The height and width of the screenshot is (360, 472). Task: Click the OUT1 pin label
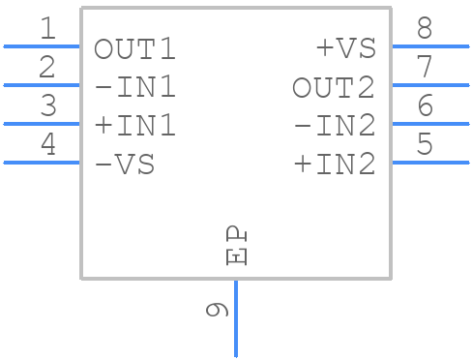[x=135, y=49]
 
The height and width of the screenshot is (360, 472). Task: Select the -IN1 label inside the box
[x=135, y=88]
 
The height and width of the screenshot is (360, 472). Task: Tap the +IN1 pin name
[x=135, y=127]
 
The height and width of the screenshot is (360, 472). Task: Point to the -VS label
[x=125, y=165]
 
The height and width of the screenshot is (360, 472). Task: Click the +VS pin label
[x=344, y=49]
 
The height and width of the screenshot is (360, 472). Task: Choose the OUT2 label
[x=334, y=88]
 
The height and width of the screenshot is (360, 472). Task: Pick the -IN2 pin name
[x=334, y=127]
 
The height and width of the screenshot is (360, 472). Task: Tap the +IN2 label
[x=334, y=165]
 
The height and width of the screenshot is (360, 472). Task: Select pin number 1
[x=47, y=29]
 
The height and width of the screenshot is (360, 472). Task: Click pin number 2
[x=47, y=68]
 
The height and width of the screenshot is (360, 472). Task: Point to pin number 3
[x=47, y=106]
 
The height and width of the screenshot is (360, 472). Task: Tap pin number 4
[x=47, y=145]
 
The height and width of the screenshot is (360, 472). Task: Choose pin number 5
[x=425, y=145]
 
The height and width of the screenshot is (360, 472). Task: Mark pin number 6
[x=425, y=106]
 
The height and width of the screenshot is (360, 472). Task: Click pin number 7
[x=425, y=68]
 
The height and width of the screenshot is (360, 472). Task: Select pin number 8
[x=425, y=29]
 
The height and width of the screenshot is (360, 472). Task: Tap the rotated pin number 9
[x=217, y=309]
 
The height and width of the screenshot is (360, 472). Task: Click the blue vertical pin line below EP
[x=236, y=319]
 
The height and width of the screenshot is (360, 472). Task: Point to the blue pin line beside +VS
[x=429, y=45]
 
